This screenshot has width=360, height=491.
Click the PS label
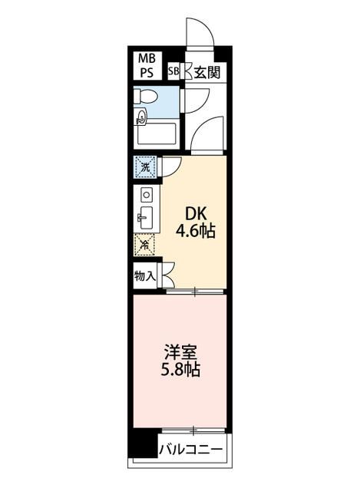[146, 73]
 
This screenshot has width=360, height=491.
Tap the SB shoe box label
[173, 73]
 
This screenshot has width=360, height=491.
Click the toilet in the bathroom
[147, 97]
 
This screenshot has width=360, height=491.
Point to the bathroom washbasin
[141, 117]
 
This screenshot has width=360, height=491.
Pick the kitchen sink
[146, 216]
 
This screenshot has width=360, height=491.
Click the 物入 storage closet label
[145, 274]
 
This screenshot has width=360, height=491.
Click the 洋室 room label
[181, 354]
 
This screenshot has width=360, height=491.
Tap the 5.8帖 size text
[181, 371]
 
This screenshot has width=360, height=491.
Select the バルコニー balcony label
[191, 450]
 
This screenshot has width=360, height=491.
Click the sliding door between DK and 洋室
[195, 291]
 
